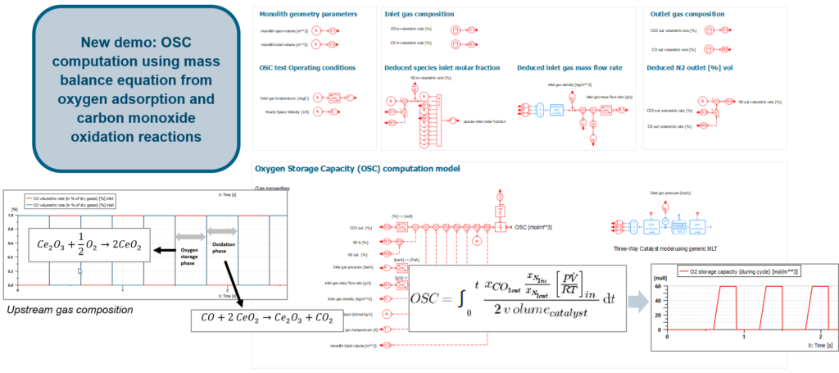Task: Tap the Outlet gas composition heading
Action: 687,15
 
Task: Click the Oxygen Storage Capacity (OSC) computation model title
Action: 357,169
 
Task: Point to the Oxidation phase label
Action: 223,248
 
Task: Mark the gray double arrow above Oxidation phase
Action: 223,232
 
